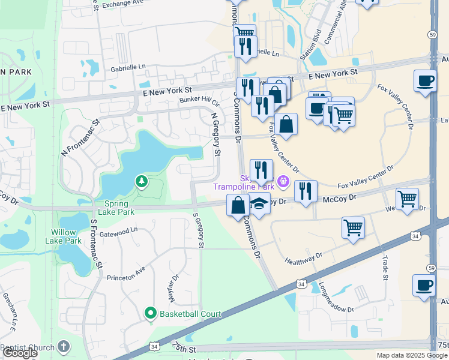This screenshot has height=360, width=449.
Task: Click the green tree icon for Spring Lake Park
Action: [x=141, y=181]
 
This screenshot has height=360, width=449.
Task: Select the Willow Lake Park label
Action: [x=63, y=236]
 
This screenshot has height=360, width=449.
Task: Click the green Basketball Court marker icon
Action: [x=150, y=313]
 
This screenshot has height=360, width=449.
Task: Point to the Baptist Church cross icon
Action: [x=64, y=347]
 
